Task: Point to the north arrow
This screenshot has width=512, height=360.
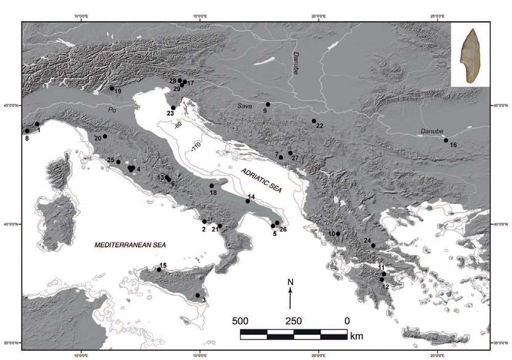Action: (x=290, y=298)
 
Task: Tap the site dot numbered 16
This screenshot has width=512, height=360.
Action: (x=446, y=140)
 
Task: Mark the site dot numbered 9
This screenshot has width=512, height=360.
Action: (x=268, y=104)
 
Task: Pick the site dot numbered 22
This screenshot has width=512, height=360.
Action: (x=314, y=121)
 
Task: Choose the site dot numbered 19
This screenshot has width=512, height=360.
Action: (x=112, y=88)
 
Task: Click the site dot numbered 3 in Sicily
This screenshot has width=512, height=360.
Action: (x=198, y=295)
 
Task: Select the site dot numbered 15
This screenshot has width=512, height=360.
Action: (x=159, y=270)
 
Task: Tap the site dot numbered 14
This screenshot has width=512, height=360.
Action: (x=248, y=201)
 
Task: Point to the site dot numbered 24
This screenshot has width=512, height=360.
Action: (x=374, y=246)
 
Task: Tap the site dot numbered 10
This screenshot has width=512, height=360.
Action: (x=338, y=234)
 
